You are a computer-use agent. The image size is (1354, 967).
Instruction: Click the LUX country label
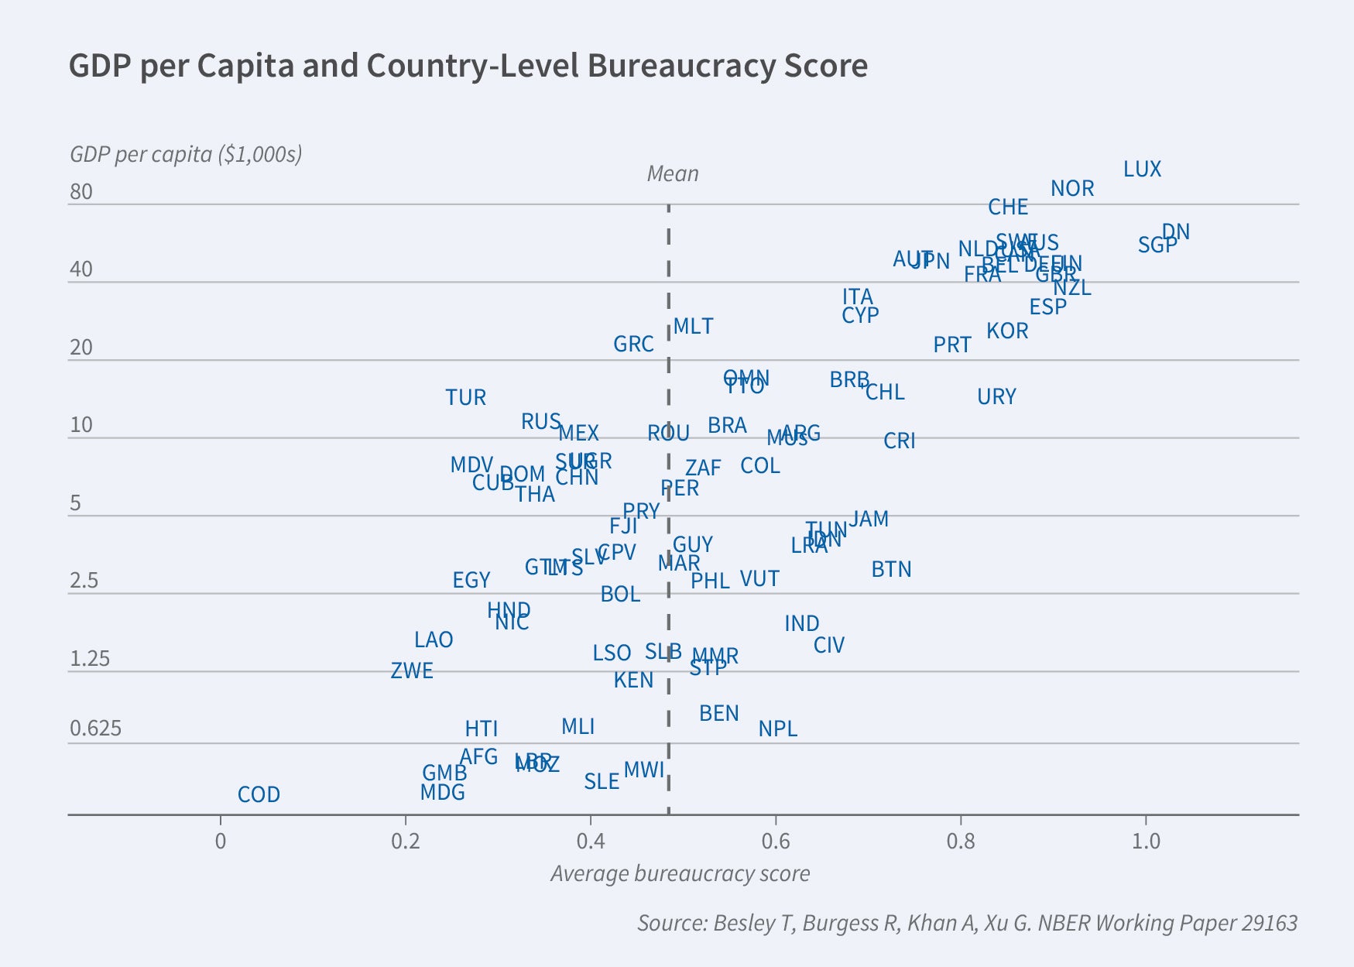(x=1142, y=170)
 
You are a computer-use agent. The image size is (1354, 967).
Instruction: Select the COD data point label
(x=259, y=795)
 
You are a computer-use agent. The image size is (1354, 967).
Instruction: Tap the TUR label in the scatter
(x=465, y=398)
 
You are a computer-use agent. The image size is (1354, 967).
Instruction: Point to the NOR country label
(x=1071, y=189)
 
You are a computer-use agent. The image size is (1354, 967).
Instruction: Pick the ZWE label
(x=411, y=671)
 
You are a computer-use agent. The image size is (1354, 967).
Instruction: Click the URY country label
(x=996, y=397)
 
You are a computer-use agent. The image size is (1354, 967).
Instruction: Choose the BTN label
(x=891, y=570)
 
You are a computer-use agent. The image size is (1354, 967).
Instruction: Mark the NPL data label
(x=777, y=729)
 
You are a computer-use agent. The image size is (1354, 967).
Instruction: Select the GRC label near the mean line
(x=633, y=345)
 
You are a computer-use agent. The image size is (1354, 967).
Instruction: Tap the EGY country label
(x=471, y=581)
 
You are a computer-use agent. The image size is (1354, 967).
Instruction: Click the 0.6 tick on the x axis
(x=775, y=842)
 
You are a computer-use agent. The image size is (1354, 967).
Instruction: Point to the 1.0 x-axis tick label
(x=1146, y=842)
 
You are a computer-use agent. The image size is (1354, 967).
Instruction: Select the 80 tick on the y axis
(x=81, y=192)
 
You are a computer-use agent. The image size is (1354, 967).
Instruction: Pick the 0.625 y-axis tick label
(x=95, y=729)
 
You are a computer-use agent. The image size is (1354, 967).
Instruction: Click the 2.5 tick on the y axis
(x=84, y=581)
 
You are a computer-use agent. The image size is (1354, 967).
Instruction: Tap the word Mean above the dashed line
(x=672, y=174)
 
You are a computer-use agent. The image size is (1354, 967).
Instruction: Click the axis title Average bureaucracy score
(x=680, y=874)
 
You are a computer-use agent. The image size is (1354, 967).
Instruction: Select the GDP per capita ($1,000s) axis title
(x=186, y=155)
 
